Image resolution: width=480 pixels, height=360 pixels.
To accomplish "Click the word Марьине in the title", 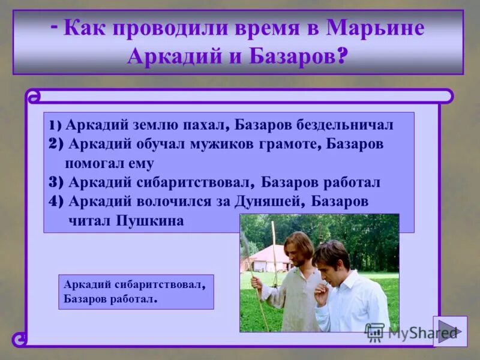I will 376,29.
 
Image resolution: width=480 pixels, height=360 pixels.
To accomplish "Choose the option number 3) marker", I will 56,182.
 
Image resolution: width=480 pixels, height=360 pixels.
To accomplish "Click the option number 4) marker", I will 56,202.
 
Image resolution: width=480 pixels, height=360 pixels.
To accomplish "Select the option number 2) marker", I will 56,144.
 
